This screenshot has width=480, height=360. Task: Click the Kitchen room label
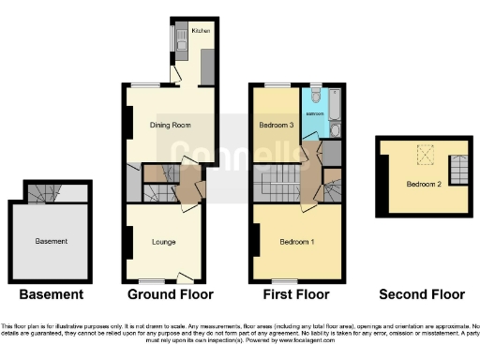[200, 31]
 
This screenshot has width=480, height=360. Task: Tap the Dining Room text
[164, 125]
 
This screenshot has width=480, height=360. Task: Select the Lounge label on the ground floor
[164, 243]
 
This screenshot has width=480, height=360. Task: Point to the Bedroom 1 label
[297, 243]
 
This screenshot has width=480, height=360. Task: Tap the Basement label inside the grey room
[51, 241]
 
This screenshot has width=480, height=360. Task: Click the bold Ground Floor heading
[167, 294]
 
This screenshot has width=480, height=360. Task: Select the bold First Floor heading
[298, 294]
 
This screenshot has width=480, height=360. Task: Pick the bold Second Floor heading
[421, 294]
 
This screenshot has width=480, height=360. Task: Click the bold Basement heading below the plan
[52, 294]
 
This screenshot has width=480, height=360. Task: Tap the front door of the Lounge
[185, 277]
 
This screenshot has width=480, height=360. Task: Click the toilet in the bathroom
[315, 97]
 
